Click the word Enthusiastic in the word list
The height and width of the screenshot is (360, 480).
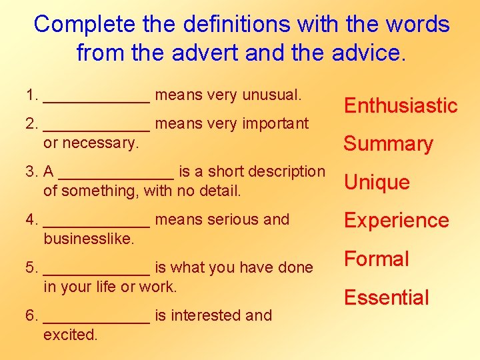tap(400, 105)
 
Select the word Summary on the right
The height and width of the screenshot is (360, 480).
tap(388, 144)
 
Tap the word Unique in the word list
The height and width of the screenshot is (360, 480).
tap(377, 182)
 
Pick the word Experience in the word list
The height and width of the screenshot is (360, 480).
tap(396, 221)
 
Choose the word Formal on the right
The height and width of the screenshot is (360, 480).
tap(376, 259)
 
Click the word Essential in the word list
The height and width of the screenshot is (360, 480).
tap(386, 297)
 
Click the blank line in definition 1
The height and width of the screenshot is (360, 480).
tap(97, 100)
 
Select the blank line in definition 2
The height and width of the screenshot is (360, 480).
tap(97, 129)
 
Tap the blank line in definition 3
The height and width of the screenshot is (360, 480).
tap(116, 177)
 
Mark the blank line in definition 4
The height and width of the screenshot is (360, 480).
tap(97, 225)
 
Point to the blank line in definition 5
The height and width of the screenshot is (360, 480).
tap(97, 273)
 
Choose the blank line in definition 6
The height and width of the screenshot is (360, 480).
tap(97, 321)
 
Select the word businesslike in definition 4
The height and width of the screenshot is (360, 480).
tap(89, 239)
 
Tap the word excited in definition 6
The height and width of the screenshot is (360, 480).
tap(70, 335)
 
